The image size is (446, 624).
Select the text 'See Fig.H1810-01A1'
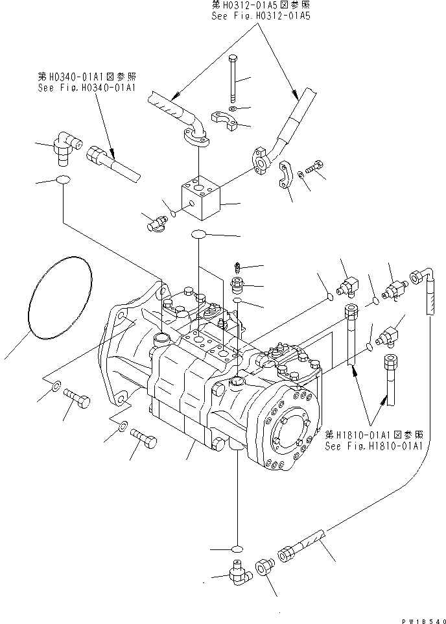(374, 446)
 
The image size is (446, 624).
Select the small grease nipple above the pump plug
(237, 266)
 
